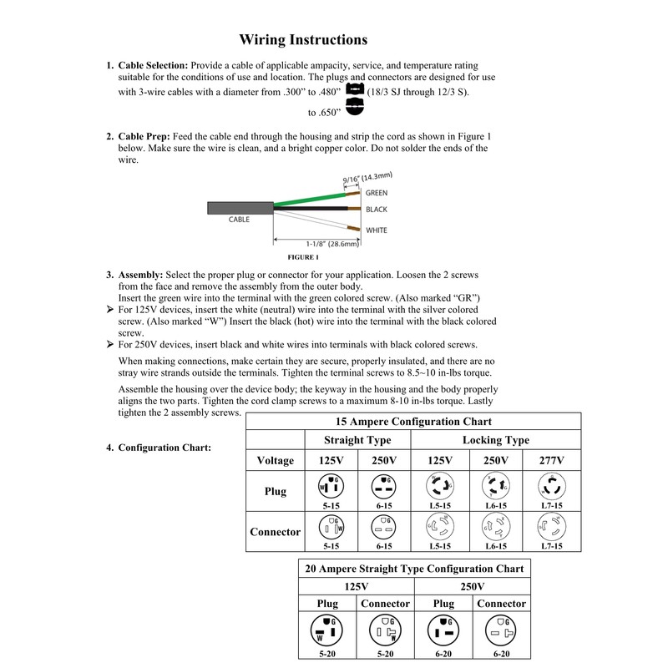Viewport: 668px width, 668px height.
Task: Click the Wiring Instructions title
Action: click(x=303, y=39)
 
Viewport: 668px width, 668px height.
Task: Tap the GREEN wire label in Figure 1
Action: click(x=377, y=193)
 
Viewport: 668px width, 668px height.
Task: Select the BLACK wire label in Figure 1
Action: click(x=377, y=209)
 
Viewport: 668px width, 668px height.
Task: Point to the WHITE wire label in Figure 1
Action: click(x=377, y=230)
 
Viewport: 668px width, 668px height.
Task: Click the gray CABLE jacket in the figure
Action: click(x=239, y=210)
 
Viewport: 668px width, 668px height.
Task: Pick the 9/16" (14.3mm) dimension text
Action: click(x=367, y=177)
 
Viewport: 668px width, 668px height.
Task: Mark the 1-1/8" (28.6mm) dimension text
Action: click(x=332, y=244)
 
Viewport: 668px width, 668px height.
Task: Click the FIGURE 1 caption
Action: click(x=304, y=257)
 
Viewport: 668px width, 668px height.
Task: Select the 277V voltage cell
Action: click(x=551, y=460)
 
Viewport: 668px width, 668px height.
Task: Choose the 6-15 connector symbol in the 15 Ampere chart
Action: click(x=384, y=528)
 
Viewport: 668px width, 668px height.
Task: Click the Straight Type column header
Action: click(x=357, y=440)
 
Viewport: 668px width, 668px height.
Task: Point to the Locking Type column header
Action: click(x=496, y=440)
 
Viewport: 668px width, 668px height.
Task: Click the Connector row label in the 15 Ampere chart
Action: click(x=275, y=532)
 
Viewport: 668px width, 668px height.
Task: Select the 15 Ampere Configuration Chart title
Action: click(x=413, y=421)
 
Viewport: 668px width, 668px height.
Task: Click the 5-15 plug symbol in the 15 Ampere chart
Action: click(x=329, y=487)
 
